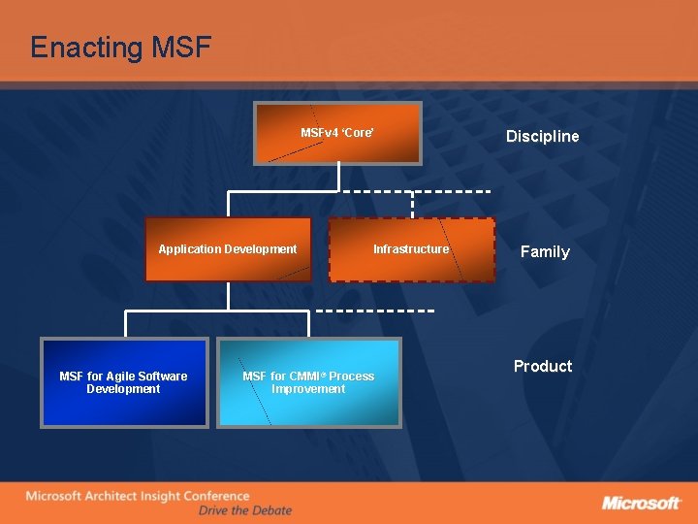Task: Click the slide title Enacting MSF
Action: point(120,47)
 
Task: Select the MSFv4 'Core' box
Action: point(337,133)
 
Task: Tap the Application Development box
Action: point(228,249)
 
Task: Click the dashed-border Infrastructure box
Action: point(411,249)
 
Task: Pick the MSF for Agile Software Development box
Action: point(123,382)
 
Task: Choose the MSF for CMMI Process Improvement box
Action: point(308,382)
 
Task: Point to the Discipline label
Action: point(542,136)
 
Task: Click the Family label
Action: point(545,251)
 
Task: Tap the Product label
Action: point(542,366)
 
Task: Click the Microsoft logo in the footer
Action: point(641,503)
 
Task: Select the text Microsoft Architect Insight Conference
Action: point(137,497)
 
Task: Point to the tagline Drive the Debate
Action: point(244,510)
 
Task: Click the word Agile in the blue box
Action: point(119,377)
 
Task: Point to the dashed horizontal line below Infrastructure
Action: point(374,311)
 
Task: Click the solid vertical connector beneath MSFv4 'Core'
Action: point(338,177)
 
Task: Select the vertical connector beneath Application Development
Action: point(228,296)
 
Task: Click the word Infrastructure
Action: point(411,249)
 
